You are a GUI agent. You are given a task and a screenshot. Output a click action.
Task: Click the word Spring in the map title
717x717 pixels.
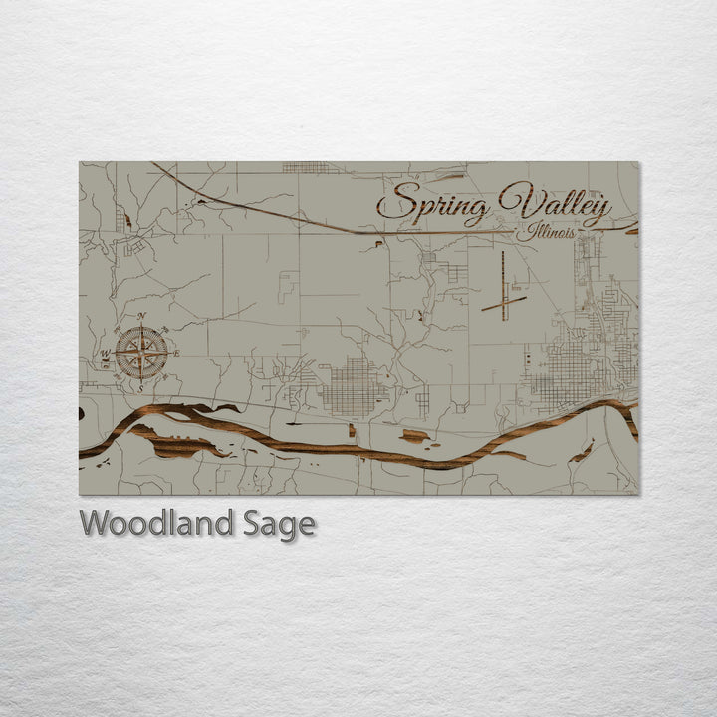[433, 204]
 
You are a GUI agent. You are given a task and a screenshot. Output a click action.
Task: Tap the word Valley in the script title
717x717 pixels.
[555, 204]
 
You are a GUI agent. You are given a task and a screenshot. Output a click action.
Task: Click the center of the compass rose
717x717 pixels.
[140, 353]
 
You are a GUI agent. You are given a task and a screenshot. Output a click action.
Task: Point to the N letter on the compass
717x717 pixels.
[140, 317]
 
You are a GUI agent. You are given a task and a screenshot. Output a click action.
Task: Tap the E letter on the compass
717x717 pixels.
[177, 353]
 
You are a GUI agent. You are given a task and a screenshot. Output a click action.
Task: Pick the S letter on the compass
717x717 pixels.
[140, 388]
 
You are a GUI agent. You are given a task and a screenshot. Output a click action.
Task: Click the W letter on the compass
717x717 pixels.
[104, 353]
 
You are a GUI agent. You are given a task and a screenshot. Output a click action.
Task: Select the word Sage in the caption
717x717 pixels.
[278, 524]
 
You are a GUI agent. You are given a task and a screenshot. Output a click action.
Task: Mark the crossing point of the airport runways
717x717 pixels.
[505, 299]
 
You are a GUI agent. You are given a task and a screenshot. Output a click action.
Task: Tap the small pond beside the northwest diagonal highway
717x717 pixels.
[199, 201]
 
